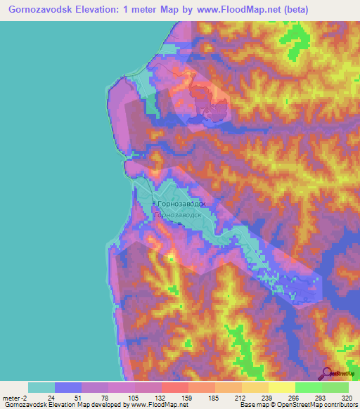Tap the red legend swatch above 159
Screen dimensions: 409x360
coord(174,387)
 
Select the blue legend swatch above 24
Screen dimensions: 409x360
coord(67,387)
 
